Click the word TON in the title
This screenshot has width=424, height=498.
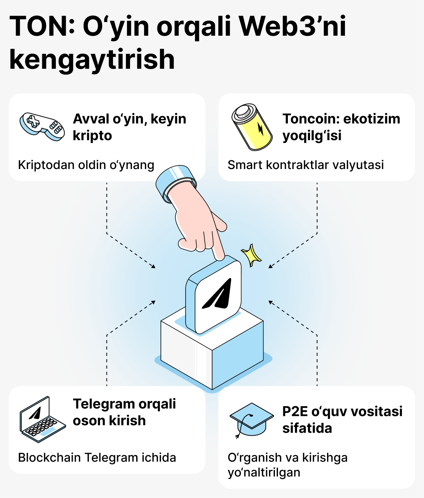point(38,26)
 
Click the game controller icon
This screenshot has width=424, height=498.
point(42,126)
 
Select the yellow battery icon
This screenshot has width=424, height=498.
point(252,127)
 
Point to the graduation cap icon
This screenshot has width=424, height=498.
point(252,421)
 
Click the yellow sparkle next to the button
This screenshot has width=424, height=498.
point(251,255)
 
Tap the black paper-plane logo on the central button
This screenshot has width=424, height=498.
point(217,294)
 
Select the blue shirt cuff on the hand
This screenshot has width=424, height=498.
point(176,182)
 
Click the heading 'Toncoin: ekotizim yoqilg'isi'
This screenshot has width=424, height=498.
point(341,127)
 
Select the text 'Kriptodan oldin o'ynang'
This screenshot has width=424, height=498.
point(86,165)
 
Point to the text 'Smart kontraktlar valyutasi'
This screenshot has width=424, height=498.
point(306,165)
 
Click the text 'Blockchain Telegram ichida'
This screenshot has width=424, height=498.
point(97,457)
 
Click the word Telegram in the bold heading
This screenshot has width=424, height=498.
point(100,404)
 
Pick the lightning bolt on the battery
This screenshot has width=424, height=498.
point(261,129)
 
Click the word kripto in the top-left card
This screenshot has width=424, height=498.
point(92,136)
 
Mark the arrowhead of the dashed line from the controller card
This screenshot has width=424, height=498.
point(154,266)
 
